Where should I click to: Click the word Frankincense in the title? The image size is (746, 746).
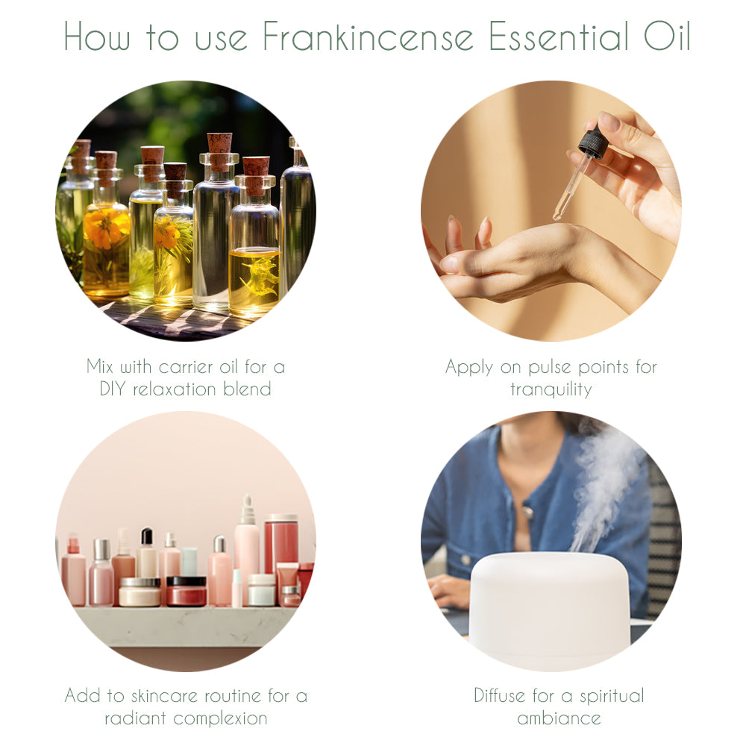[369, 37]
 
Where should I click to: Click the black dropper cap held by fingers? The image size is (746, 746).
[593, 142]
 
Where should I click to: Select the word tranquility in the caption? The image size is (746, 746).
[551, 389]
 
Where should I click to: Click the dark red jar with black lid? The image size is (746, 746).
[186, 591]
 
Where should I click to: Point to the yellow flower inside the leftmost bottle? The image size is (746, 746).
[107, 228]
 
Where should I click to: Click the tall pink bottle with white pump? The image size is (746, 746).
[246, 548]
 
